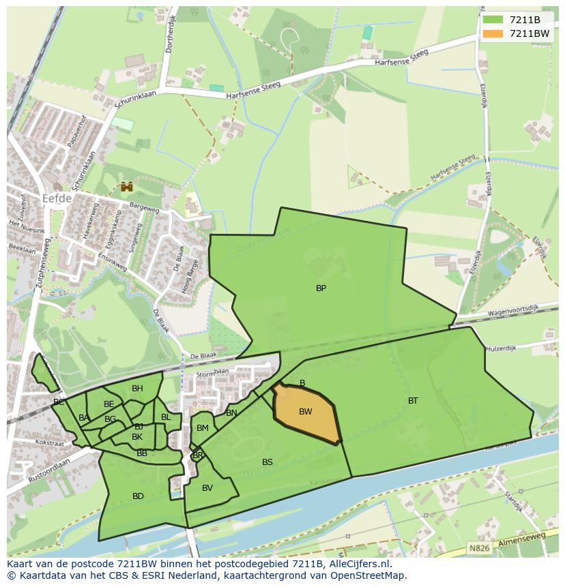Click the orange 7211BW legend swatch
pos(493,33)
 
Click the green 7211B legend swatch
pos(493,20)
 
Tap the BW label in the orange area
pos(306,412)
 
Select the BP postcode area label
pos(321,288)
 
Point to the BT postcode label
pos(413,401)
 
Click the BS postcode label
pos(267,462)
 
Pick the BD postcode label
pos(138,496)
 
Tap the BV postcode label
pos(207,488)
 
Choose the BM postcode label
pos(203,428)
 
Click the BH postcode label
pos(137,389)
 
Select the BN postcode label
pos(231,413)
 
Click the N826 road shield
pos(479,547)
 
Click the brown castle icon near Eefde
pos(126,186)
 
